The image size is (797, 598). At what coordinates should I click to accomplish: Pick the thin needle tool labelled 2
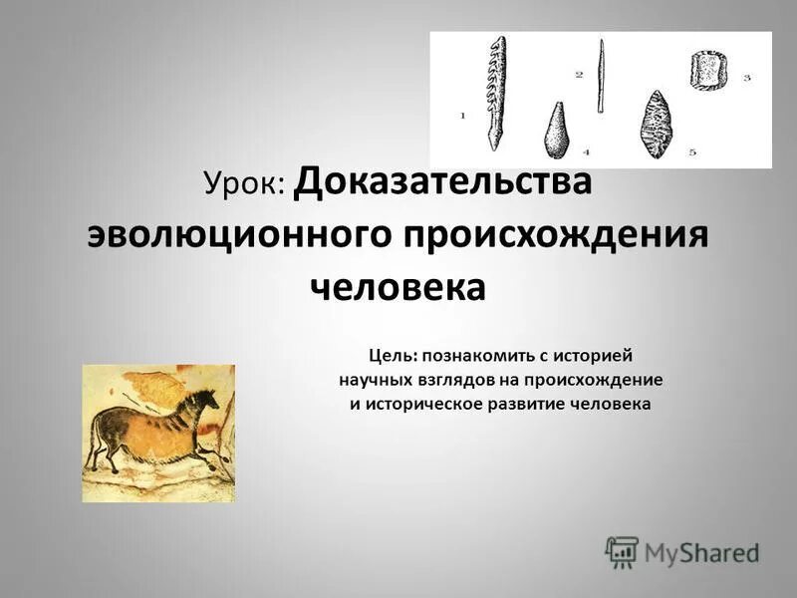tap(601, 77)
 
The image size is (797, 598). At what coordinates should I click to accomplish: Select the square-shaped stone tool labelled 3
tap(708, 72)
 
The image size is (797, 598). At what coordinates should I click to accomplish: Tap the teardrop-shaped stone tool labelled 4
tap(556, 131)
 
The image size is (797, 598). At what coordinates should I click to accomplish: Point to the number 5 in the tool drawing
tap(691, 151)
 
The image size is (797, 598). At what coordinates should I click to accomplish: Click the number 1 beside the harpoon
tap(462, 116)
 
